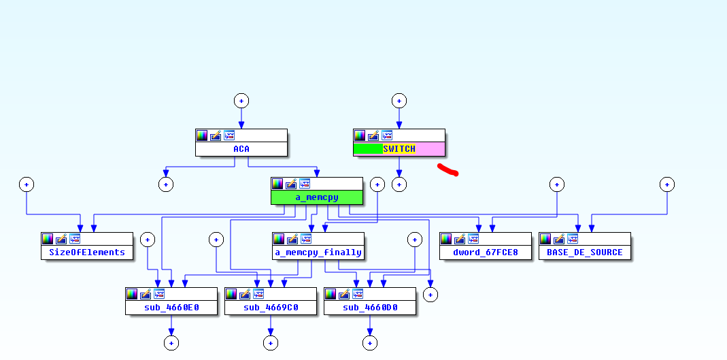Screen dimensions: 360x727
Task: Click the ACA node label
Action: [241, 149]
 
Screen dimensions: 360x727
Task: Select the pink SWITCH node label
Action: [399, 149]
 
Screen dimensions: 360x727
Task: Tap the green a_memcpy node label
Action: [316, 197]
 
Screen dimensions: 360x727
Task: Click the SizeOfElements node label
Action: [86, 252]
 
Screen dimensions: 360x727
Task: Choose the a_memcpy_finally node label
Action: [318, 252]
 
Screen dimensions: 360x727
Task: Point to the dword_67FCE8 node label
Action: [485, 252]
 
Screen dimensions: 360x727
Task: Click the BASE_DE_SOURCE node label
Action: [584, 252]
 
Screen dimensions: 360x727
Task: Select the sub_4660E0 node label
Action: [171, 308]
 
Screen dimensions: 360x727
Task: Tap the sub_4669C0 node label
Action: [270, 308]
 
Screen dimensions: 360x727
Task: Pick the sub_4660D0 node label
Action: [369, 308]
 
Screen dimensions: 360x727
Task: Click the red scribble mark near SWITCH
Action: [447, 169]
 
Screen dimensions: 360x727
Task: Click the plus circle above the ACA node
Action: [241, 101]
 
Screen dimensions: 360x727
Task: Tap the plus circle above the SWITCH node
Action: [399, 101]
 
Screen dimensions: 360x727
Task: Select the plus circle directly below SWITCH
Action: [399, 184]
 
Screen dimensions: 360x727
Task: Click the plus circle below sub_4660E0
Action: [171, 343]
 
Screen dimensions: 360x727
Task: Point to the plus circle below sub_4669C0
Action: [270, 343]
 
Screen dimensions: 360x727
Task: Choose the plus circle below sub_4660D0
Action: [369, 343]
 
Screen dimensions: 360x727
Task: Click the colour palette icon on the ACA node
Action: [202, 135]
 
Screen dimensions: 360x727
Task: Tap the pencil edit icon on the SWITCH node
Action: [373, 135]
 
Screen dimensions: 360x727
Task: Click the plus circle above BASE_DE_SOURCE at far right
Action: [667, 184]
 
